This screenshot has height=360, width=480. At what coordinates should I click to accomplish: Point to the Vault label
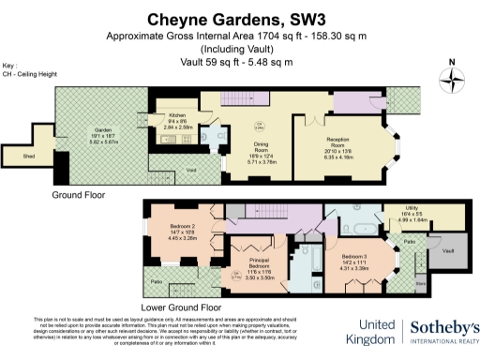point(448,251)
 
